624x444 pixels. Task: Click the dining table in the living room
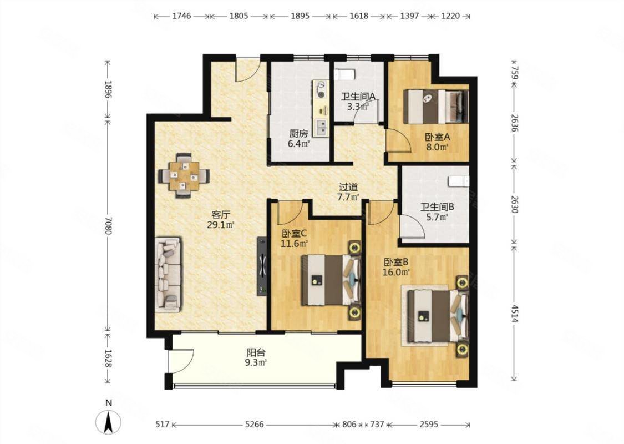click(x=184, y=175)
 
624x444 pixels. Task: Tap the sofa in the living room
click(x=168, y=275)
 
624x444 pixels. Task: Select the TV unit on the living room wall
click(x=262, y=266)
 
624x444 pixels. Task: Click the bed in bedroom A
click(x=436, y=106)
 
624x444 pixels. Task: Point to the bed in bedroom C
click(x=331, y=280)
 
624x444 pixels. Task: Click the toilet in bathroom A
click(x=344, y=74)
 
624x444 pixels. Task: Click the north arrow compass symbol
click(x=108, y=421)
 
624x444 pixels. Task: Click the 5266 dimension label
click(x=254, y=425)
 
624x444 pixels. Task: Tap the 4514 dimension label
click(x=514, y=313)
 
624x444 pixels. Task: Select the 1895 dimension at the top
click(x=300, y=16)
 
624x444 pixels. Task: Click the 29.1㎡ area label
click(x=220, y=225)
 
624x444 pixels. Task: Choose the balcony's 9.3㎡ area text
click(x=256, y=362)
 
